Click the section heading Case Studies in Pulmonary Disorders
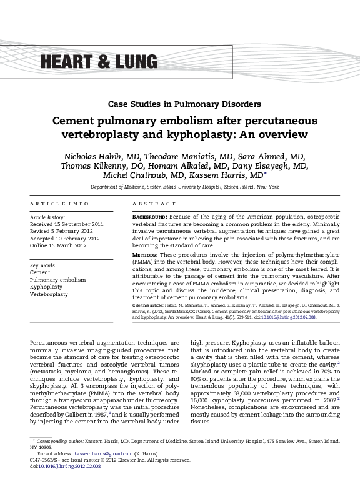[x=179, y=103]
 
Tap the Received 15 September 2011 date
[x=67, y=223]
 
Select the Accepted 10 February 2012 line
[x=65, y=237]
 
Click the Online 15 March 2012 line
[x=60, y=245]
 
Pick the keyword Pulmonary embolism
[x=57, y=279]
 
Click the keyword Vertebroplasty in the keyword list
[x=49, y=294]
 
